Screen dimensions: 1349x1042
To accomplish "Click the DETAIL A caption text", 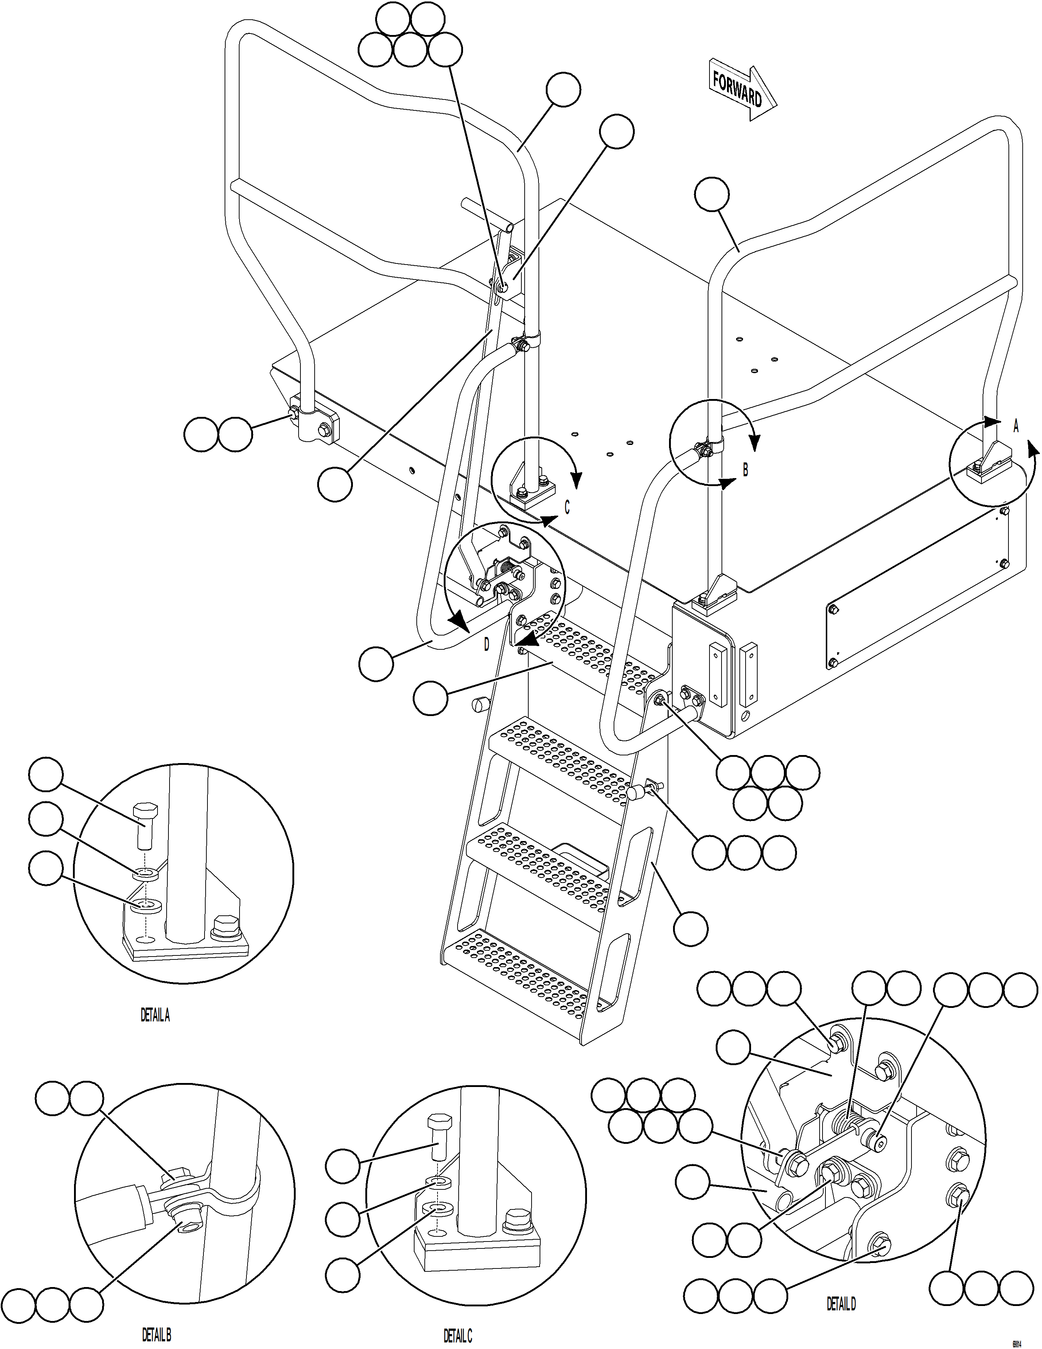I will [155, 1016].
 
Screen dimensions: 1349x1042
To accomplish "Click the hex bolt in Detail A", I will [146, 825].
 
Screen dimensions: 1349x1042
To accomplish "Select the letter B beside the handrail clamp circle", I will [745, 470].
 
